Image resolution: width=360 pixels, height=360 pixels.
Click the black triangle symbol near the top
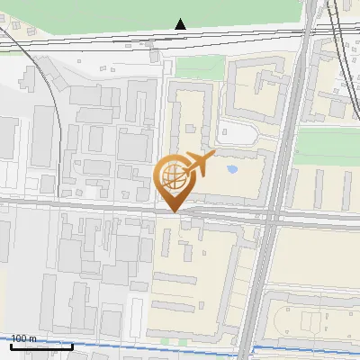click(181, 24)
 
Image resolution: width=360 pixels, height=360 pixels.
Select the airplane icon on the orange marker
click(198, 164)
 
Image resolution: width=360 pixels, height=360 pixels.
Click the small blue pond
click(232, 168)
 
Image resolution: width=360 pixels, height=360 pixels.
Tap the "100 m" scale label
click(24, 338)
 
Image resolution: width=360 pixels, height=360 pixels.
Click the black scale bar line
click(41, 346)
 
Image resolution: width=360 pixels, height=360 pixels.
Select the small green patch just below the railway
click(198, 67)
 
